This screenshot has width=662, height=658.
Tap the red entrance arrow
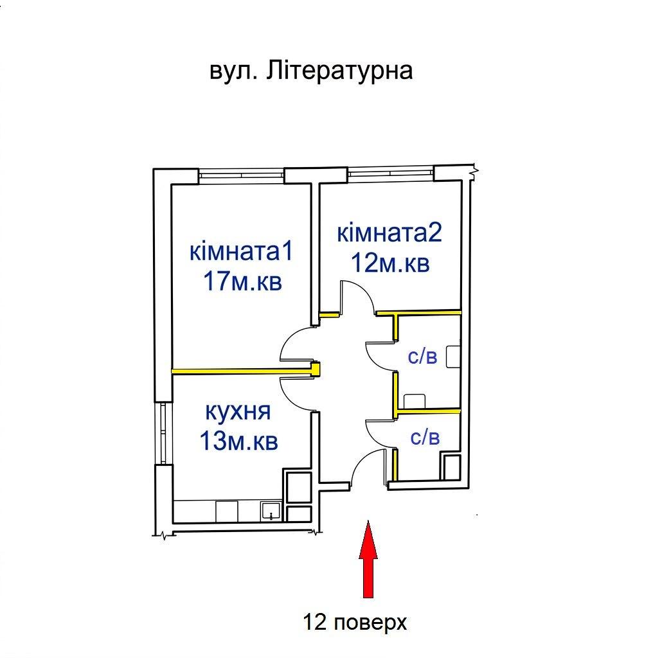click(368, 558)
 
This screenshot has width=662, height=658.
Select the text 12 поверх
click(355, 622)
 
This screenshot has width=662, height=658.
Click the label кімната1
click(241, 251)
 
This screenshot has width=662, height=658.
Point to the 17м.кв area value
click(242, 281)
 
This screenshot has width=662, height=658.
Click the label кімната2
click(389, 233)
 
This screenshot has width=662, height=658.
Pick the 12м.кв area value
click(390, 263)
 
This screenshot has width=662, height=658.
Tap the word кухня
click(238, 411)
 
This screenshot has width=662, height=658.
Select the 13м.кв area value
click(238, 441)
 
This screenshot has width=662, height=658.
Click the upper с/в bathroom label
click(422, 357)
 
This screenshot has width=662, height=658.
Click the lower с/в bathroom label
click(425, 437)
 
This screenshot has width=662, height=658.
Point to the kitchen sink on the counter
click(271, 511)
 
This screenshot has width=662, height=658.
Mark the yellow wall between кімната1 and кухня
click(246, 371)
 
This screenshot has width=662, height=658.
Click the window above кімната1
click(241, 175)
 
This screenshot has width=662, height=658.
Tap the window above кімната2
click(391, 172)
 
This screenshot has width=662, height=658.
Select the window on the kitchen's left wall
click(163, 433)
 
